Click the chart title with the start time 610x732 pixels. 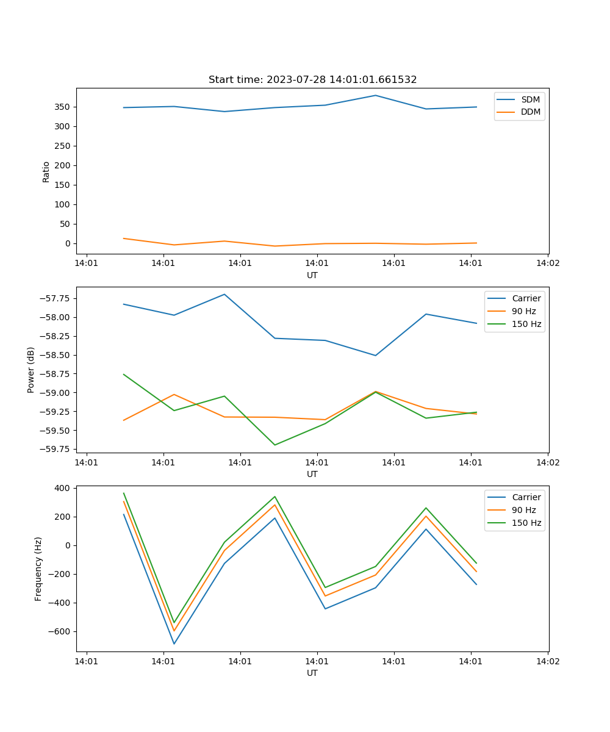[312, 80]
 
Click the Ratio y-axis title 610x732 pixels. [46, 171]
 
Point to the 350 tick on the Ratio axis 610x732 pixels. [63, 107]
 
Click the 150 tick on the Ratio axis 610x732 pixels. [63, 185]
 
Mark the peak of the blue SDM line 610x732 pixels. [376, 95]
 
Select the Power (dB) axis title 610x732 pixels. [31, 370]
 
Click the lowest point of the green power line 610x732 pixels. [274, 445]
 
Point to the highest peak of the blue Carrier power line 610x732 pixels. [224, 294]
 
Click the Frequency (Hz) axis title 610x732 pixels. [38, 569]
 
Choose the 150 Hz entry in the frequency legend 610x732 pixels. [526, 523]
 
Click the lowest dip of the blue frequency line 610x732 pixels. [174, 644]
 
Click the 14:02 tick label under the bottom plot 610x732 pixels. [547, 661]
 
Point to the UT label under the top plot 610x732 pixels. [312, 275]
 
